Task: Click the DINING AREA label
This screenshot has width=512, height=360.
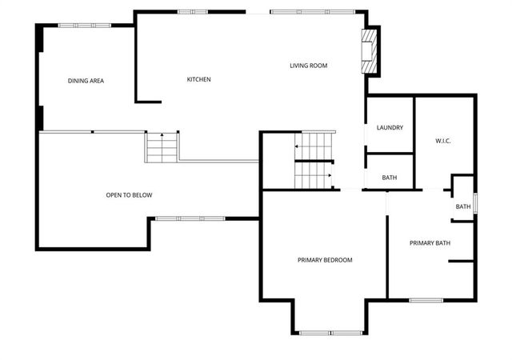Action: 86,81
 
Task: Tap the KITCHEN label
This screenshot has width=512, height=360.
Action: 198,79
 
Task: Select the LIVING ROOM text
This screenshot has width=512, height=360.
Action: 308,66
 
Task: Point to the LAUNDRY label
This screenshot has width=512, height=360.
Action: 390,128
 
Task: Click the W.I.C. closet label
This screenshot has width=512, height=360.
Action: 443,142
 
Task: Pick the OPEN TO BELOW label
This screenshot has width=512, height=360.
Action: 129,195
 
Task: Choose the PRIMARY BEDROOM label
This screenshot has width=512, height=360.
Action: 325,260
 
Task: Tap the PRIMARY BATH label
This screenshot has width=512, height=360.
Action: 430,243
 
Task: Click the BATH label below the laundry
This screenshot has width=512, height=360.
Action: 390,178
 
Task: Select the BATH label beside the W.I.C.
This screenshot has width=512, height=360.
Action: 463,206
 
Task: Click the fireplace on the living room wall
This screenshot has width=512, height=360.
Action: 369,52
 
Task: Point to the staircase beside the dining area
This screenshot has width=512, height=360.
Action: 161,148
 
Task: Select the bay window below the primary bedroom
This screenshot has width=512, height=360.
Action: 330,332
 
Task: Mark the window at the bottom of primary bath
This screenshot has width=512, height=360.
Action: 426,300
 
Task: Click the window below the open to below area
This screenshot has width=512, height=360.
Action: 190,218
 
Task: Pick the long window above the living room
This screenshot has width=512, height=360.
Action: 312,11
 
